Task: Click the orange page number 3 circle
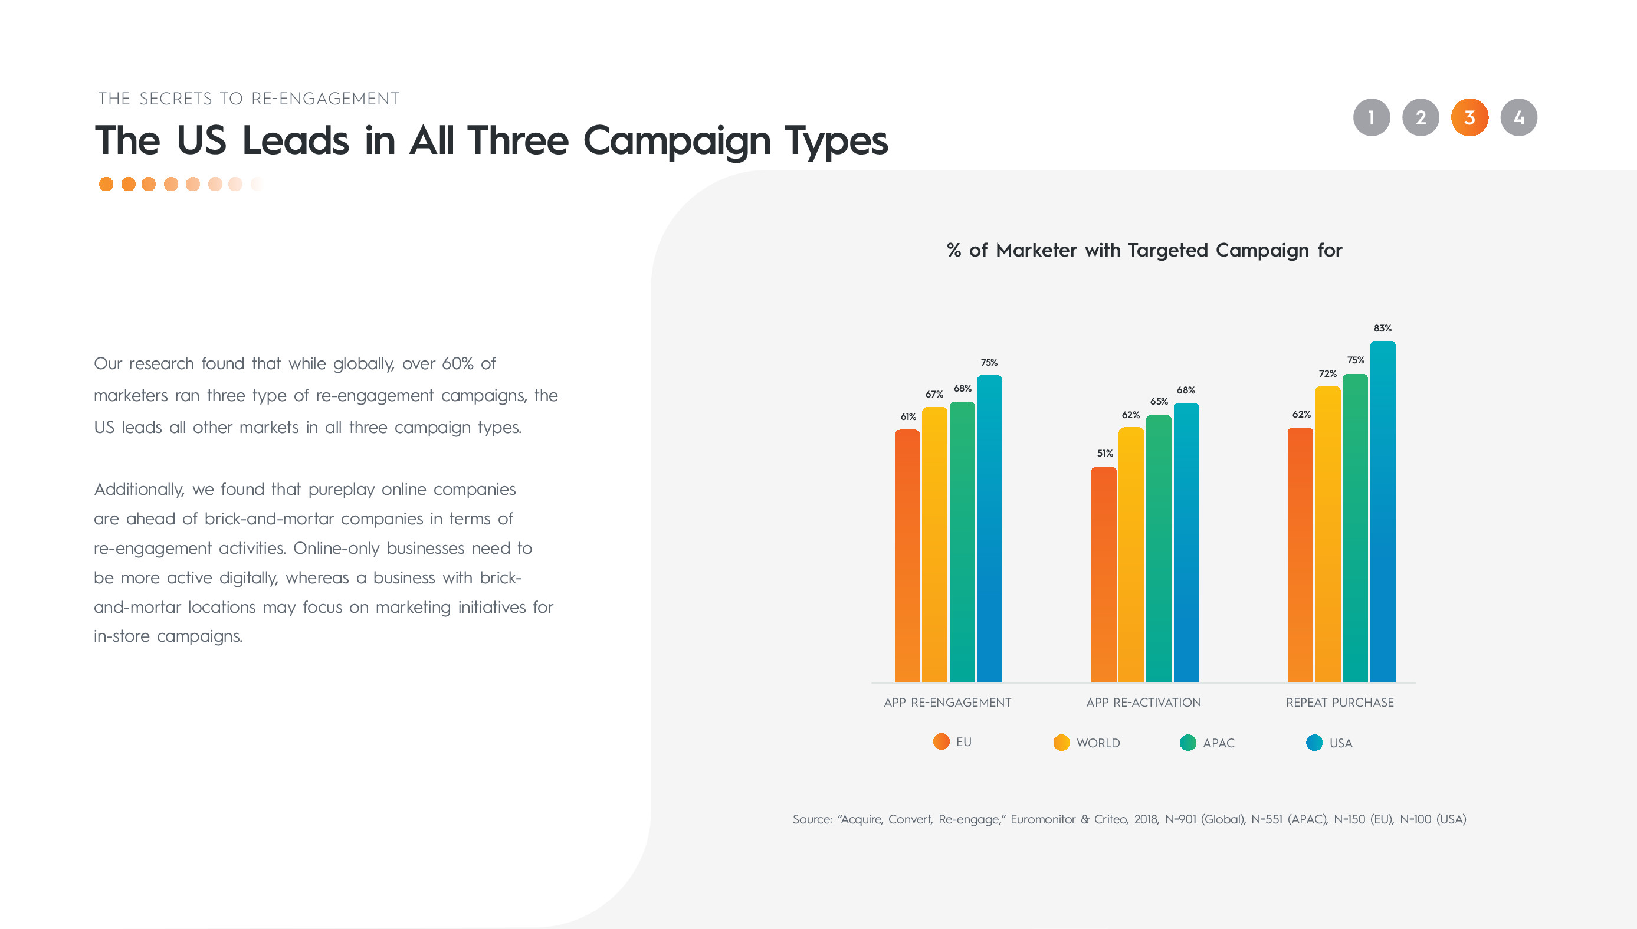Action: tap(1469, 117)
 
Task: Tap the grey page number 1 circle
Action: tap(1372, 117)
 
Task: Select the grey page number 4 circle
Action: tap(1518, 117)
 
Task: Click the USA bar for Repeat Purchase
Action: tap(1383, 512)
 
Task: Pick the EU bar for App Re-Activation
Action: tap(1104, 575)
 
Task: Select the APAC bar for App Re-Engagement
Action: tap(962, 541)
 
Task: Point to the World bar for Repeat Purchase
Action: tap(1327, 534)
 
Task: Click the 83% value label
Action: tap(1383, 328)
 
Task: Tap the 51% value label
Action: tap(1105, 453)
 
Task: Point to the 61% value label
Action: tap(908, 416)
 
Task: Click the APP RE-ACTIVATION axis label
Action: tap(1143, 703)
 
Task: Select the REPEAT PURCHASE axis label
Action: tap(1340, 703)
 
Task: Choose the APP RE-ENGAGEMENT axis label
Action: tap(947, 703)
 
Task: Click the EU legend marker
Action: tap(941, 741)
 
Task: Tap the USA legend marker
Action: tap(1314, 743)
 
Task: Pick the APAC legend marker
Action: tap(1188, 743)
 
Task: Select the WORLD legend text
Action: tap(1098, 743)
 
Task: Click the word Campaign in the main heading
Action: tap(677, 142)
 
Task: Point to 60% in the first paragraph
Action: tap(457, 364)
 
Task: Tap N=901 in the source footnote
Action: tap(1180, 819)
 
